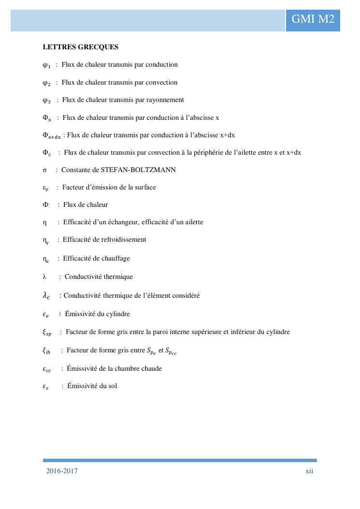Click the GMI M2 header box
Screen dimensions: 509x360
click(313, 19)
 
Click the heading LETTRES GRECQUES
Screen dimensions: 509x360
click(80, 47)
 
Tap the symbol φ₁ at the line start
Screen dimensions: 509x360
click(46, 65)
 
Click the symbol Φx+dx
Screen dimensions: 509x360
click(52, 136)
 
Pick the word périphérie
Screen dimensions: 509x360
click(238, 153)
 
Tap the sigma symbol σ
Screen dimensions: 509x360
click(44, 170)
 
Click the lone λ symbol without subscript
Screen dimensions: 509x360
click(44, 277)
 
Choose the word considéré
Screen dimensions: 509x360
click(183, 295)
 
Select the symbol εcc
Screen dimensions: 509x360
click(47, 369)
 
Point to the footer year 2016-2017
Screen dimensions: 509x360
click(62, 471)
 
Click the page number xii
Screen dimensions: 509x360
click(309, 471)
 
